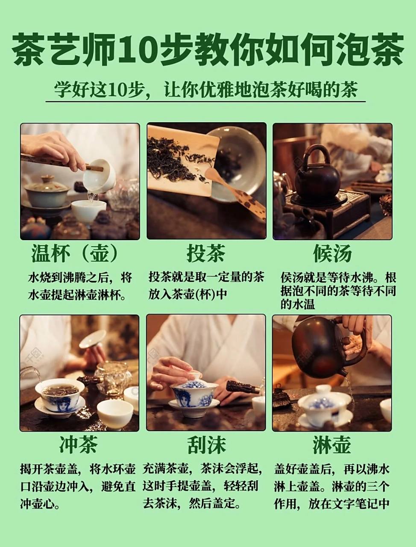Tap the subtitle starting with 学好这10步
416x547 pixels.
(205, 90)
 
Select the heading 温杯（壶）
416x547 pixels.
(75, 254)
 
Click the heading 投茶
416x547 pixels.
(205, 254)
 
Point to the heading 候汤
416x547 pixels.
(332, 254)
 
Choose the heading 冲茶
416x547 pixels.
(79, 445)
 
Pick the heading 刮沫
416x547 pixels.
(205, 445)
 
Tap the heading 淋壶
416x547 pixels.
(331, 445)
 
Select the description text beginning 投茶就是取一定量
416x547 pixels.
(206, 285)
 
